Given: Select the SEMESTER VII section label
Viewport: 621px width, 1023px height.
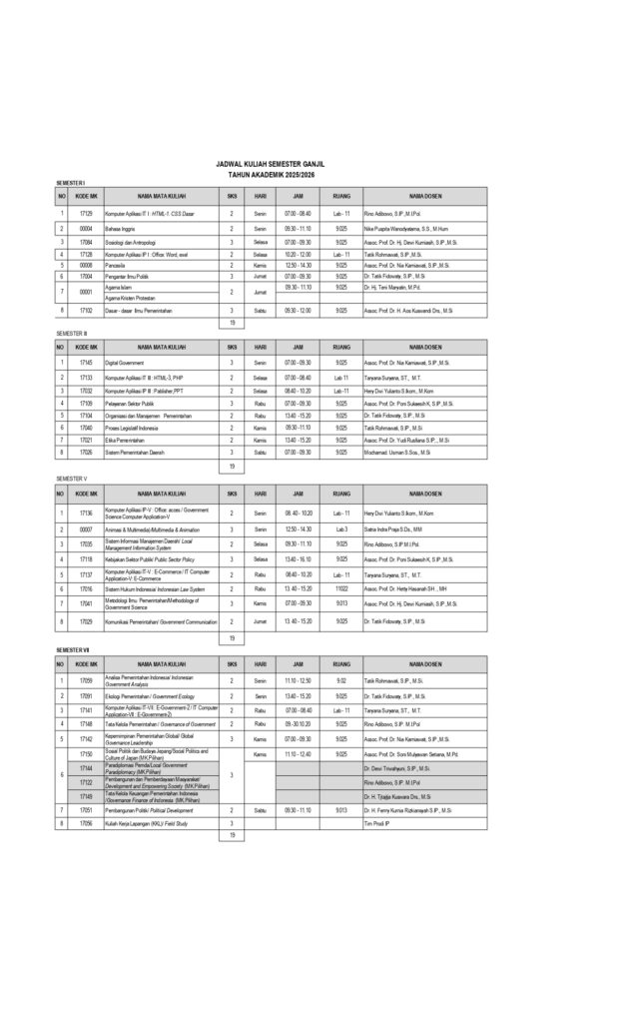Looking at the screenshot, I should tap(74, 650).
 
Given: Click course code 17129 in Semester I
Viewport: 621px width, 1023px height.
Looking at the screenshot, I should tap(86, 214).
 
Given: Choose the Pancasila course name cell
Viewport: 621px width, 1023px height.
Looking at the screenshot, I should tap(119, 267).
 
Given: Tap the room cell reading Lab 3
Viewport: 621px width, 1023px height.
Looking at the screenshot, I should tap(341, 527).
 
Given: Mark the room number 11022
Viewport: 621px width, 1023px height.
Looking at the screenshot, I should tap(341, 589).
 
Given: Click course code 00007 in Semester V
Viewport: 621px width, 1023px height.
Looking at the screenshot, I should tap(86, 527).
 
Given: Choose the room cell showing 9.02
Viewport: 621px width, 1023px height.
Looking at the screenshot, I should tap(341, 680).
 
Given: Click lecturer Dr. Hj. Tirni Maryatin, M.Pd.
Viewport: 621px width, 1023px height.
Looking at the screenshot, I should tap(398, 287).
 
